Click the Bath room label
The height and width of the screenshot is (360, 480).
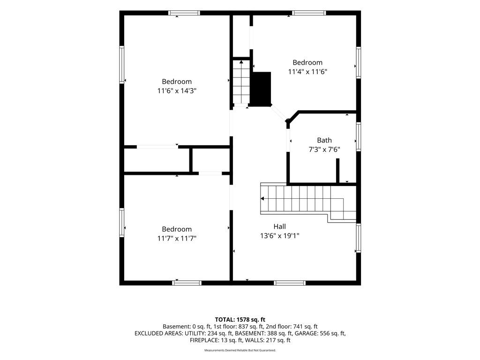(324, 140)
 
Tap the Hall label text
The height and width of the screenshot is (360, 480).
(279, 226)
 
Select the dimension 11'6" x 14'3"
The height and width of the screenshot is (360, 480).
(177, 91)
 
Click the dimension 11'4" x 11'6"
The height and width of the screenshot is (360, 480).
(307, 72)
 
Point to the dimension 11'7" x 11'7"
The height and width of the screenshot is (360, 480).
(177, 238)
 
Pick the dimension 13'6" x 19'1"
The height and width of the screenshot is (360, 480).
(279, 236)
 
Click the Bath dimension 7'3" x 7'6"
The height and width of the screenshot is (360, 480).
(324, 150)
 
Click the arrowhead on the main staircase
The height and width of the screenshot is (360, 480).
(262, 199)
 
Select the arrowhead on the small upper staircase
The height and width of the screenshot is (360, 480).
(241, 62)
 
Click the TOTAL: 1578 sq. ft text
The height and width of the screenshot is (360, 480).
(240, 320)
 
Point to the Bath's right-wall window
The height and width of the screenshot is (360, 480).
(359, 136)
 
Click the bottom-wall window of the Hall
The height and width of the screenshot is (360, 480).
(290, 283)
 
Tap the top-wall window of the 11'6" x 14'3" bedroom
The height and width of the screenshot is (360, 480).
(184, 13)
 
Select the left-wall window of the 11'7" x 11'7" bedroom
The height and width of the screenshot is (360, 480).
(122, 223)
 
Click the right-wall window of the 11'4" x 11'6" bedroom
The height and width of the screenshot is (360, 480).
(359, 63)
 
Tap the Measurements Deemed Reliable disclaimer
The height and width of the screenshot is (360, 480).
(240, 350)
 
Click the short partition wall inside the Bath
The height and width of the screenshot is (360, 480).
(337, 171)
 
